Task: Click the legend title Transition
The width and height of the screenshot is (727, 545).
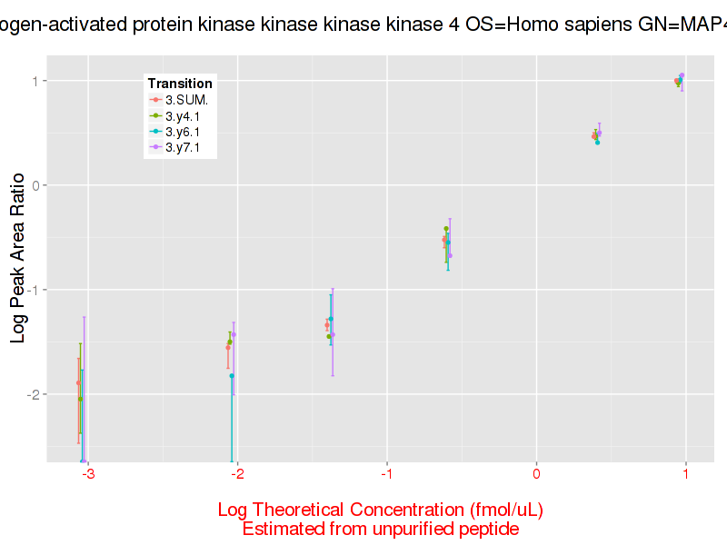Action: [180, 84]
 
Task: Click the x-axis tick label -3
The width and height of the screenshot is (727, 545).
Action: [87, 473]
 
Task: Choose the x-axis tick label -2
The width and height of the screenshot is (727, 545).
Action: [236, 473]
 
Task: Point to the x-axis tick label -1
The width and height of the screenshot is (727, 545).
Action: [385, 473]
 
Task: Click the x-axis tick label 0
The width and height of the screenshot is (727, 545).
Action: [536, 473]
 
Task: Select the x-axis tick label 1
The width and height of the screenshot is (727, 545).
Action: [685, 473]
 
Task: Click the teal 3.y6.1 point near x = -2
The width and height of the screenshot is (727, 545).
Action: [232, 375]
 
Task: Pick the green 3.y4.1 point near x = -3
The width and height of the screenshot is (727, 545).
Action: [81, 399]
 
